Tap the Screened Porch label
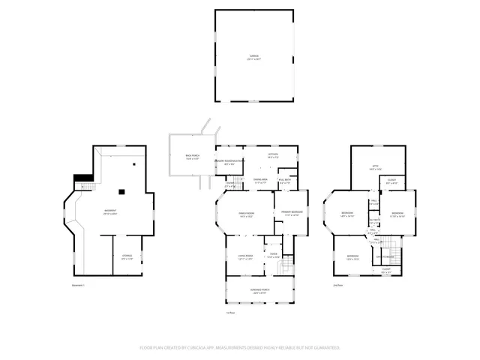tap(259, 290)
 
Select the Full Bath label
tap(285, 181)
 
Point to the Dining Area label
tap(260, 181)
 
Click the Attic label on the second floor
tap(375, 168)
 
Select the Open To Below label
tap(385, 256)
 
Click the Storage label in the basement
tap(127, 257)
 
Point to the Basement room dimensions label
tap(110, 214)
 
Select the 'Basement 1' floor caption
tap(79, 285)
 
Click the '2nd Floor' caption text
tap(337, 285)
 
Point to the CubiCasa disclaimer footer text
tap(240, 347)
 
